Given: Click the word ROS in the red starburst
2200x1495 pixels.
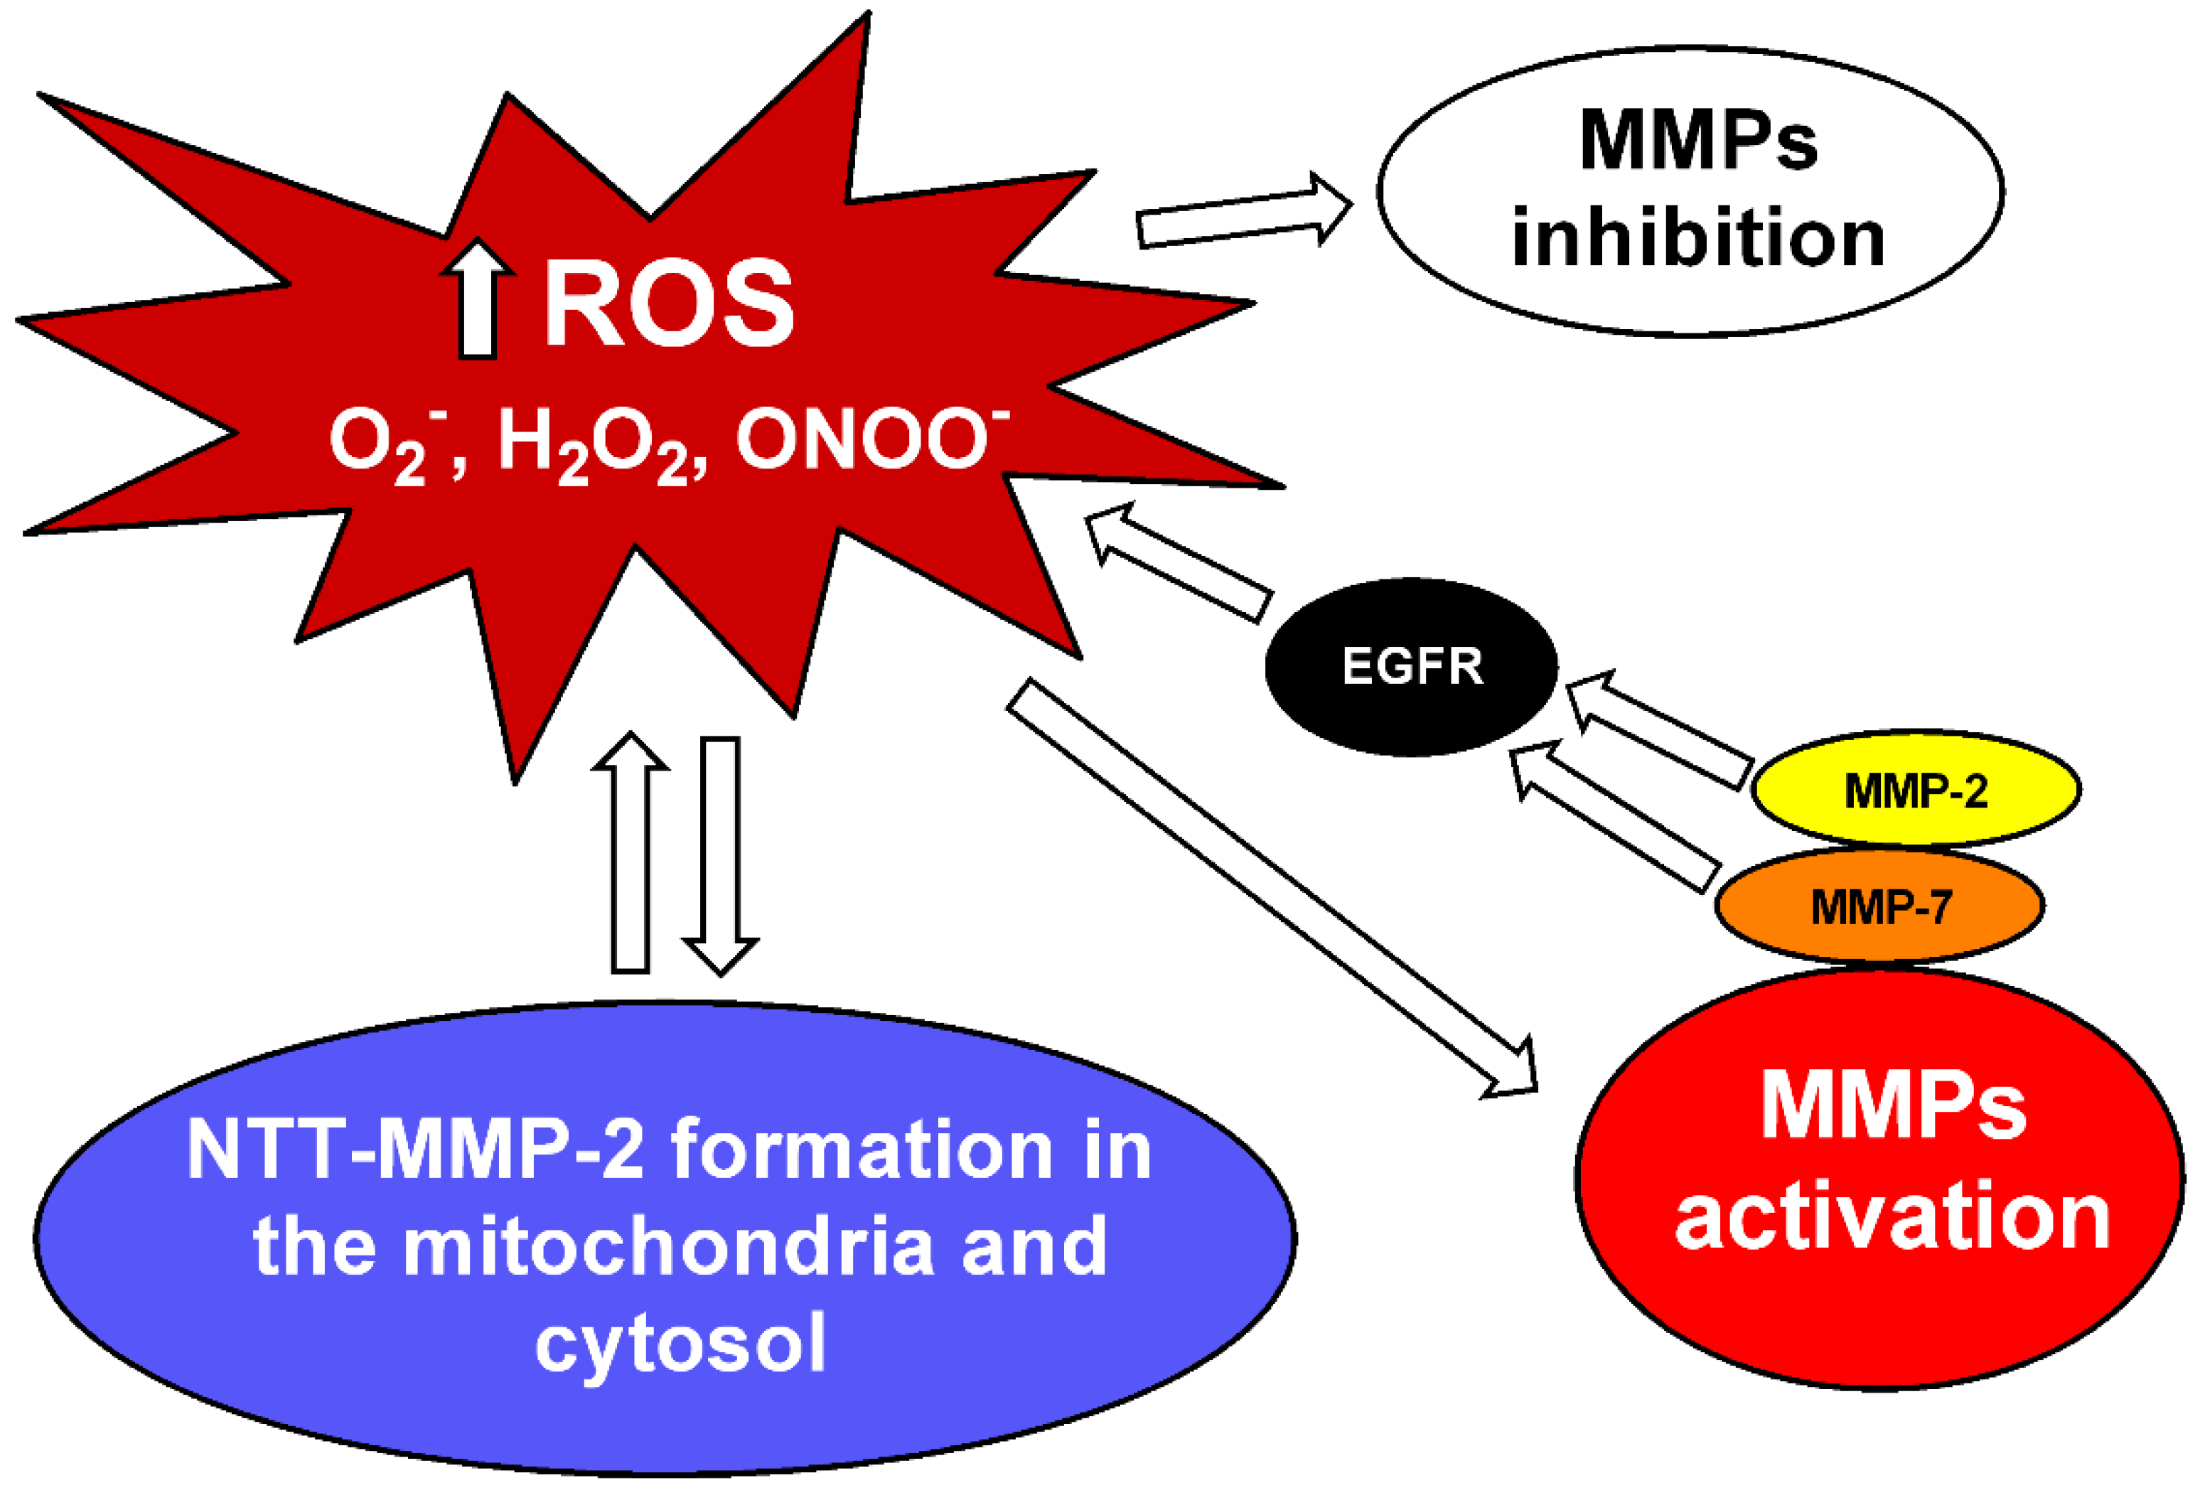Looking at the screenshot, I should point(668,305).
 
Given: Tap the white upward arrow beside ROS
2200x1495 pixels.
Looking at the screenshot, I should point(478,301).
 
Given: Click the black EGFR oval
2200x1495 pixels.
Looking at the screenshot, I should point(1412,668).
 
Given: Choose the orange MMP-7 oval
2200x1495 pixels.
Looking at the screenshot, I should point(1879,906).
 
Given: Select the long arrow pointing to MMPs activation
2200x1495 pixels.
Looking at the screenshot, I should point(1269,885).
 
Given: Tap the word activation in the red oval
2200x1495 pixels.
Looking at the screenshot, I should point(1892,1218).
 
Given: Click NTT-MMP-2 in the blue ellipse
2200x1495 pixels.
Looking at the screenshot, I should point(417,1150).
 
